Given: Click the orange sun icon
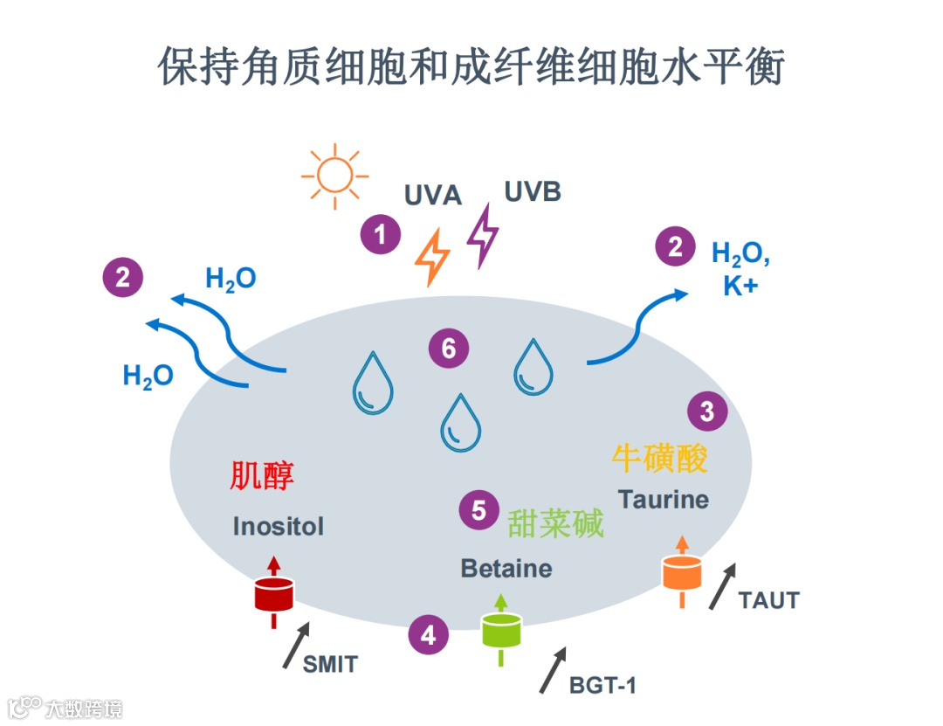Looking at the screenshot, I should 332,176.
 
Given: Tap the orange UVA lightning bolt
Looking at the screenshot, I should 432,257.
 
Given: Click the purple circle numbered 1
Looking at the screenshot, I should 380,234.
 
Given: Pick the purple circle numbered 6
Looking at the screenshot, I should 449,349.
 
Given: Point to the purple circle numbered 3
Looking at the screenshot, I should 707,411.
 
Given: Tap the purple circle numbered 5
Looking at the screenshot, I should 479,510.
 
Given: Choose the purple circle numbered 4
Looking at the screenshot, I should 428,635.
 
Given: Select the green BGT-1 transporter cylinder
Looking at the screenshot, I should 501,631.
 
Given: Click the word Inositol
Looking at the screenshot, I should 278,526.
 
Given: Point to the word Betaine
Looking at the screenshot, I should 506,569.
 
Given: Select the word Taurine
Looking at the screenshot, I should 663,500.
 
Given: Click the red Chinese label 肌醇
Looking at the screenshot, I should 262,475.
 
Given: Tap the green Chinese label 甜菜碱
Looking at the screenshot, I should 556,523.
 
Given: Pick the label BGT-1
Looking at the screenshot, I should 602,685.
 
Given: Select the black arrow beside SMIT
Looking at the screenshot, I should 297,646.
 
